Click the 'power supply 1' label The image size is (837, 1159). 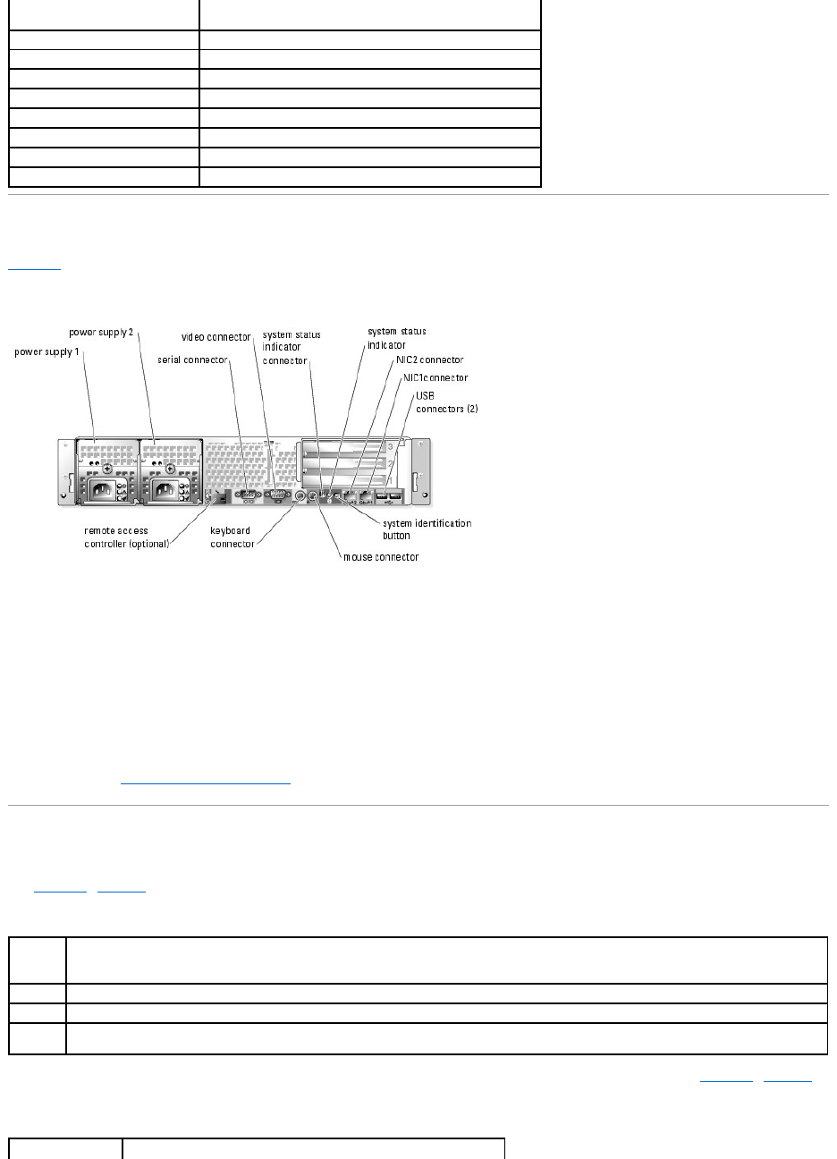point(46,352)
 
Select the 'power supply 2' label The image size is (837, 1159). point(102,333)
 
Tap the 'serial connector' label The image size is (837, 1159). point(192,360)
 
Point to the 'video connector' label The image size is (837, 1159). point(216,337)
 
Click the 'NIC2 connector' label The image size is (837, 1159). point(430,360)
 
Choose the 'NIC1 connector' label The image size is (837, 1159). point(435,377)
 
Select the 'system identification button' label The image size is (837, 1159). point(427,529)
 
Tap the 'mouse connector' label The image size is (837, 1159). point(381,557)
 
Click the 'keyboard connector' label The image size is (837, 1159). point(232,537)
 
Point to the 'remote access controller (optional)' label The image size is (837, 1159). point(126,537)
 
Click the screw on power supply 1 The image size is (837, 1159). point(107,468)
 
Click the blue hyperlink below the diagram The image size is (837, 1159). point(206,781)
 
